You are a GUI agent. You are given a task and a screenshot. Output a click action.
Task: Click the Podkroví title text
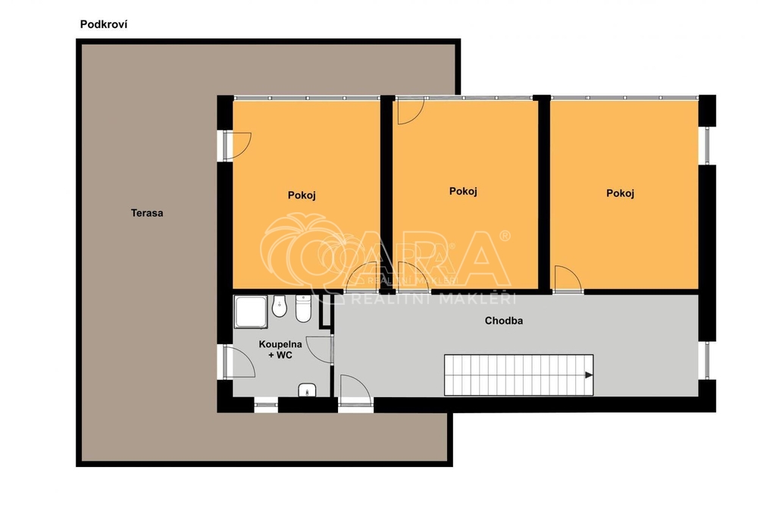pos(103,24)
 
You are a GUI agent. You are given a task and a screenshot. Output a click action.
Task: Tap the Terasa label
pos(147,213)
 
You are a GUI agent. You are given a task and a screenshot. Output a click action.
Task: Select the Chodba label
pos(504,321)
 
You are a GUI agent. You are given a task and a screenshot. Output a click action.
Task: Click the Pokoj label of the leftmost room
pos(302,195)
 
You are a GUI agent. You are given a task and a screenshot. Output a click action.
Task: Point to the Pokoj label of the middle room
pos(463,191)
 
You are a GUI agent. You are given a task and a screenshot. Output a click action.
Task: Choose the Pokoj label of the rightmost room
pos(620,193)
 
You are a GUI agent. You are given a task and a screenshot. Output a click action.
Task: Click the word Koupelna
pos(280,344)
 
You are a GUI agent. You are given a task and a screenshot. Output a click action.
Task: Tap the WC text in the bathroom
pos(284,355)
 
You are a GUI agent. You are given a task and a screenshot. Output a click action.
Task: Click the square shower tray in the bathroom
pos(252,312)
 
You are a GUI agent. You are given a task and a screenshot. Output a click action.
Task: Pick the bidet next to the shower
pos(280,307)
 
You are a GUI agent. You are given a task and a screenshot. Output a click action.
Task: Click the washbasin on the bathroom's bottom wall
pos(307,390)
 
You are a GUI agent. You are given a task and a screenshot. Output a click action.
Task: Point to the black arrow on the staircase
pos(589,375)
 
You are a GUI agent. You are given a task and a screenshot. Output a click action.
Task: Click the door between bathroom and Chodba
pos(320,349)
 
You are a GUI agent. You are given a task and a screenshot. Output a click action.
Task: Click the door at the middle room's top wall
pos(411,111)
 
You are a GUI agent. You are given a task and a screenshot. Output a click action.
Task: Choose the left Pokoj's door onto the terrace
pos(236,146)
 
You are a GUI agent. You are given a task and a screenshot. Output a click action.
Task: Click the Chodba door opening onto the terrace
pos(355,392)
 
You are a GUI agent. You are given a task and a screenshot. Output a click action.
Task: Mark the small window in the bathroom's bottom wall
pos(266,405)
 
